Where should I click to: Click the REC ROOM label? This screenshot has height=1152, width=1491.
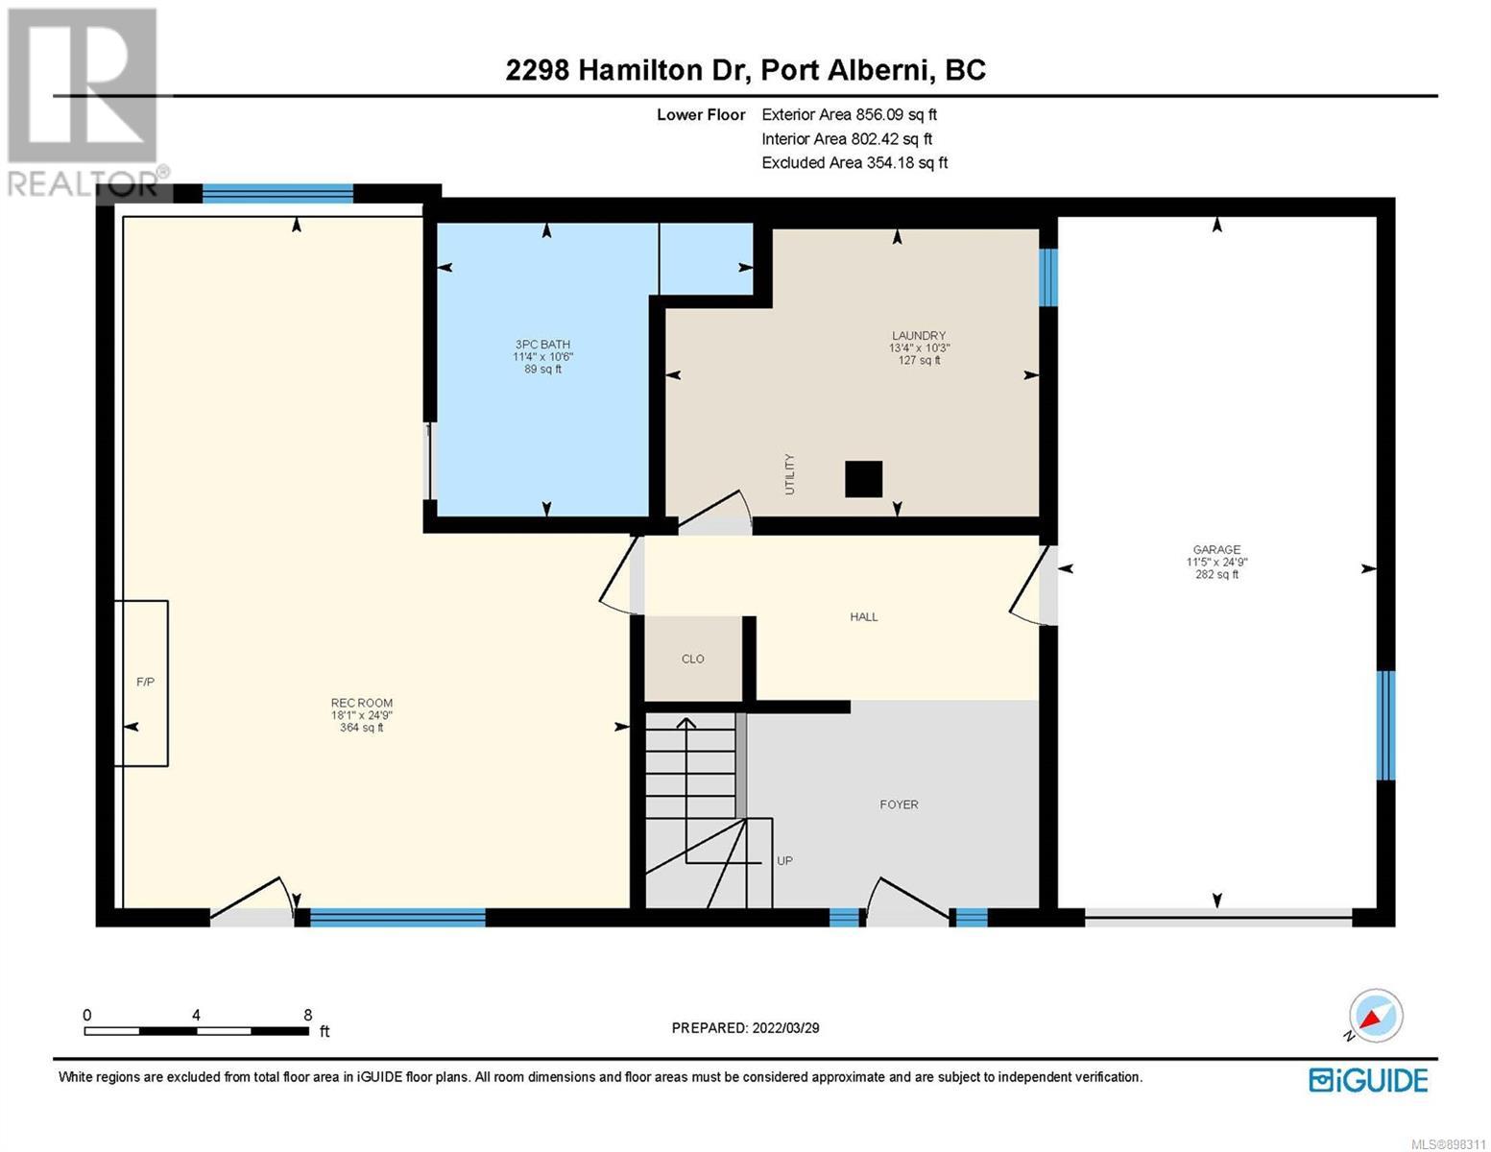(x=362, y=703)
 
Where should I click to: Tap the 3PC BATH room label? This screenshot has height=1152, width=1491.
(x=542, y=345)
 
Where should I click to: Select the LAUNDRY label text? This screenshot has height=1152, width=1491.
(x=919, y=335)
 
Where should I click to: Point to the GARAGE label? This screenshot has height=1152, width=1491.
(x=1216, y=549)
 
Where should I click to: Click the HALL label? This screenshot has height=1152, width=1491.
(x=864, y=617)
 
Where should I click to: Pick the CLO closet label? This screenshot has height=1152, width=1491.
(x=692, y=659)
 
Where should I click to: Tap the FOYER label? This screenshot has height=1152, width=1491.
(x=899, y=804)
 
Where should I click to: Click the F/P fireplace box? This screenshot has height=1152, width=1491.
(x=141, y=683)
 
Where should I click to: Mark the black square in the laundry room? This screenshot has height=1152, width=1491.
(x=863, y=479)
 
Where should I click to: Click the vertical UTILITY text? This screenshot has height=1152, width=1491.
(x=789, y=474)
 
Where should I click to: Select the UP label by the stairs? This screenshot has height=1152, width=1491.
(x=785, y=860)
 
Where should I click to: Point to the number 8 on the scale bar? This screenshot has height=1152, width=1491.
(x=308, y=1015)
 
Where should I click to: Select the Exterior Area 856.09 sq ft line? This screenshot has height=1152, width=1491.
(x=849, y=114)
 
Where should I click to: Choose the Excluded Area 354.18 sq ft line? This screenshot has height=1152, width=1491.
(x=854, y=162)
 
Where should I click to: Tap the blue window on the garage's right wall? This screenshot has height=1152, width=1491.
(x=1386, y=725)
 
